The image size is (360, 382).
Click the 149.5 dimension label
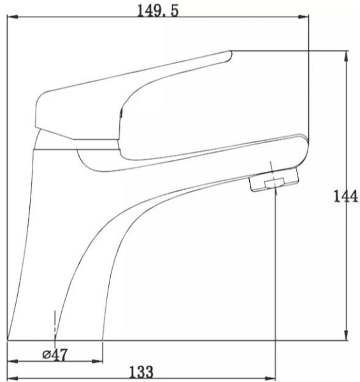(x=157, y=11)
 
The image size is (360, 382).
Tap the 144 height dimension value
(x=345, y=196)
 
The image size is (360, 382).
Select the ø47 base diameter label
(x=55, y=355)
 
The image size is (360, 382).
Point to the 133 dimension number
(x=141, y=372)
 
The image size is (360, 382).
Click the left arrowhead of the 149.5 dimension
(x=13, y=17)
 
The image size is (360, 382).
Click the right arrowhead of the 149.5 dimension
(x=303, y=17)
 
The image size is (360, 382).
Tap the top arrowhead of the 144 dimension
(x=346, y=57)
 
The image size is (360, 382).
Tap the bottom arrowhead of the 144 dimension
(x=346, y=334)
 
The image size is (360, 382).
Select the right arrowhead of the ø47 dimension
(x=97, y=361)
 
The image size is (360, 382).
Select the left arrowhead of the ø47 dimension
(x=13, y=361)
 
